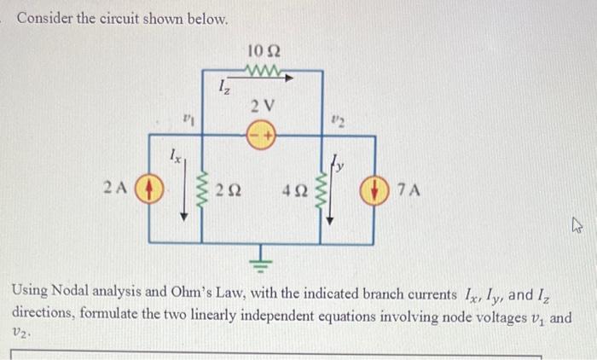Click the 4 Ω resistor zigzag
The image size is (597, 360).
pyautogui.click(x=322, y=188)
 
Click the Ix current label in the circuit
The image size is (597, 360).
pyautogui.click(x=174, y=155)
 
